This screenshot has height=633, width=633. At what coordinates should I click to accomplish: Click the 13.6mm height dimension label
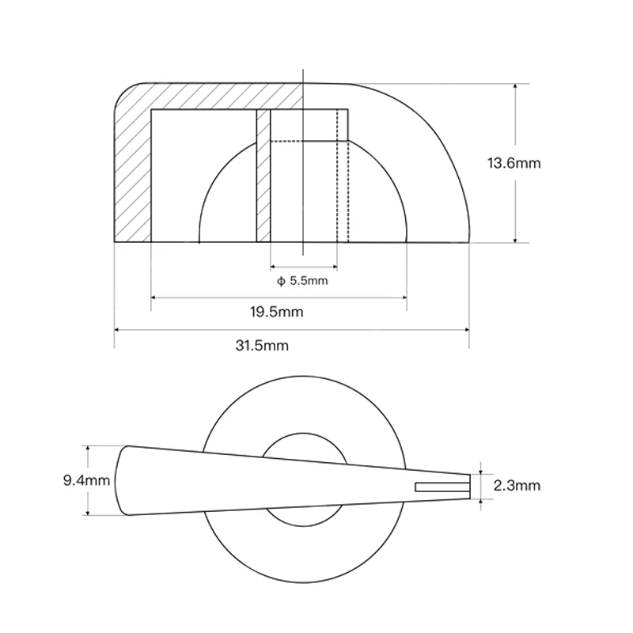pos(514,164)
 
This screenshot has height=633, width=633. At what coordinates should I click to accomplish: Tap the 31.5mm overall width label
pos(262,346)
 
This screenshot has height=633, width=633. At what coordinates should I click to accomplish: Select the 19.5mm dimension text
pos(276,312)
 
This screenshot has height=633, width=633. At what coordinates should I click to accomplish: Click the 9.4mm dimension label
pos(86,480)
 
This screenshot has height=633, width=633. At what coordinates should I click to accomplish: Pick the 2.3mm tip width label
pos(517,485)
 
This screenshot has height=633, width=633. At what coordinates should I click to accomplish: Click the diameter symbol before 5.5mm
pos(281,281)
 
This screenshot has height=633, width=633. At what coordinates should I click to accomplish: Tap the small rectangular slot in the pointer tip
pos(442,487)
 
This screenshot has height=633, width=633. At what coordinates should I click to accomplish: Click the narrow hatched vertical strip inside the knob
pos(263,176)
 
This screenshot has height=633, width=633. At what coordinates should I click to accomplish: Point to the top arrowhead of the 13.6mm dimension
pos(515,87)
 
